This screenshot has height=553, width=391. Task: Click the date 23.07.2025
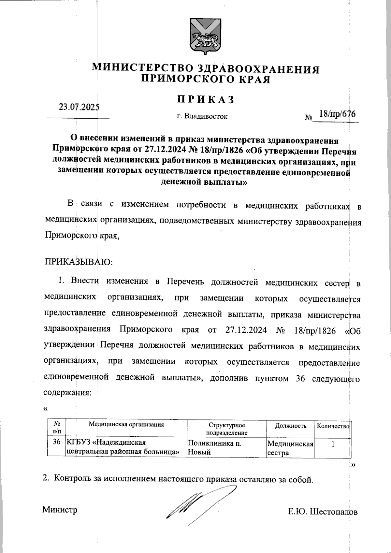tap(79, 107)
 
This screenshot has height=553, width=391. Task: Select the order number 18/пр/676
tap(337, 114)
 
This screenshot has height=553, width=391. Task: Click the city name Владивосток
tap(206, 116)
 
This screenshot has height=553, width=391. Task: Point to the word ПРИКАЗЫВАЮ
tap(78, 262)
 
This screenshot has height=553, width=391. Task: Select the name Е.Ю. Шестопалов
tap(323, 512)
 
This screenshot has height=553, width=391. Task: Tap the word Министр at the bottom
tap(60, 510)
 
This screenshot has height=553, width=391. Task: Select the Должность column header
tap(291, 426)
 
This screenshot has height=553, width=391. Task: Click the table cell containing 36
tap(56, 442)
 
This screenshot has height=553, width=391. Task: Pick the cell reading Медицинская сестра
tap(290, 448)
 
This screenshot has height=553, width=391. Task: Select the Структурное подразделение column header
tap(227, 429)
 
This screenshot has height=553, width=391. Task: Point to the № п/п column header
tap(57, 428)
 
